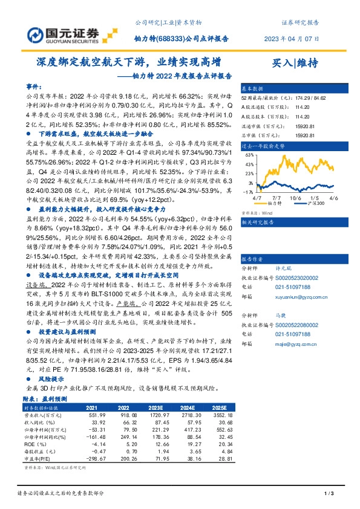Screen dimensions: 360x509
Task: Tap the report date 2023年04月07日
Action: (287, 39)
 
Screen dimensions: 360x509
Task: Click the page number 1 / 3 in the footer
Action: (329, 494)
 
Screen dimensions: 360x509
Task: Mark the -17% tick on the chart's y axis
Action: (248, 192)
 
